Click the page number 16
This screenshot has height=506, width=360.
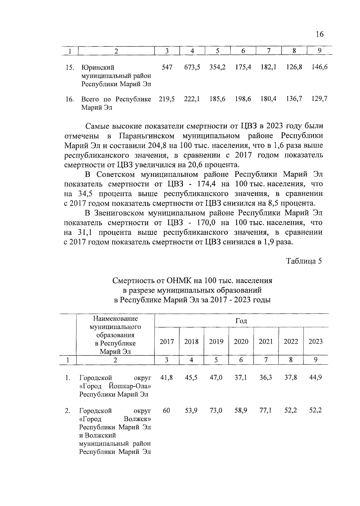click(320, 34)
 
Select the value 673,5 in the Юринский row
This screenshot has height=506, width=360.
click(192, 67)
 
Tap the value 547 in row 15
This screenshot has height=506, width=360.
click(167, 67)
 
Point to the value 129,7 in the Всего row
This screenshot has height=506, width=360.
click(319, 99)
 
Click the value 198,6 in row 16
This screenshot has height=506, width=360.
click(243, 99)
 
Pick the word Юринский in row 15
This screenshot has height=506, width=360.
click(98, 68)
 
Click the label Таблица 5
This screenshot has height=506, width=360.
click(304, 261)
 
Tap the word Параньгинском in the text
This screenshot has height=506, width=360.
click(147, 136)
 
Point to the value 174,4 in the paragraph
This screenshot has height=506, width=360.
click(207, 184)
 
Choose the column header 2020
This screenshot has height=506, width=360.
click(241, 342)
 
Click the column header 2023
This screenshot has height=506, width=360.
click(316, 342)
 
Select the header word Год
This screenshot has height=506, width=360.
click(241, 321)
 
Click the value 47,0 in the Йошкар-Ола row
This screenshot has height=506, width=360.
click(216, 378)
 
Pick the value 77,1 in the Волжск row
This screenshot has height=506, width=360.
click(266, 410)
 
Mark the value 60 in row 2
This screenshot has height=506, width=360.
click(166, 410)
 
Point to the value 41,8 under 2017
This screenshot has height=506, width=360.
click(166, 378)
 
